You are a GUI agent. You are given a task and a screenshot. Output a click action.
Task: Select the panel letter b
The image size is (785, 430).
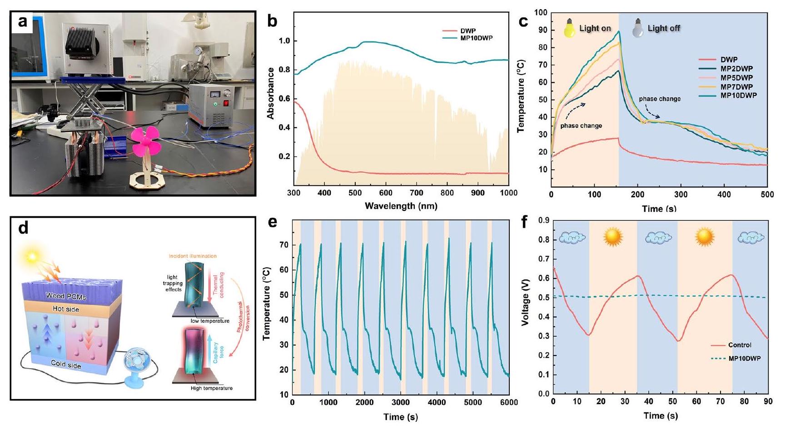272,21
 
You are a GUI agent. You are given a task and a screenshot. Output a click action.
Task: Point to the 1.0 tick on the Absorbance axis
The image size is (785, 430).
285,41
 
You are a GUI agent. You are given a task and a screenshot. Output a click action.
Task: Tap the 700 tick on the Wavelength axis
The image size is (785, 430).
417,193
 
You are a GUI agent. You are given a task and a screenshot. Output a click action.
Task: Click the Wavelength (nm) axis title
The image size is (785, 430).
401,206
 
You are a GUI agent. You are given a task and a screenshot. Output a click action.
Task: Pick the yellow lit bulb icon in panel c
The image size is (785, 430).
570,28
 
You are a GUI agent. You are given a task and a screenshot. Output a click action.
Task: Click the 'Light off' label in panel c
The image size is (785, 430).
664,28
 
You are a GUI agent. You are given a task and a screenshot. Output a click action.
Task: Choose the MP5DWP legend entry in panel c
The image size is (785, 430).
736,78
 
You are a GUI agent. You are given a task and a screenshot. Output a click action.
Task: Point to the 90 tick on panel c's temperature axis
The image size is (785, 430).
542,30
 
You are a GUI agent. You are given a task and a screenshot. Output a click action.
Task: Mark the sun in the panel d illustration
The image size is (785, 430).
32,257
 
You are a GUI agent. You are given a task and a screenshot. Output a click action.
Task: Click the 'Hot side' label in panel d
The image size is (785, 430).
65,309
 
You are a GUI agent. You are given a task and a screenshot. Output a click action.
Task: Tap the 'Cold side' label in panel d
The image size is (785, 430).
66,364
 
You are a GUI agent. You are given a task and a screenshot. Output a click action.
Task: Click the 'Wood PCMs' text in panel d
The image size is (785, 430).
66,296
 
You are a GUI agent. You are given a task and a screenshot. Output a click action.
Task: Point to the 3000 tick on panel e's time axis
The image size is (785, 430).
401,402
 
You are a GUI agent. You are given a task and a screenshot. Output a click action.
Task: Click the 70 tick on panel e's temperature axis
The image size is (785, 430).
283,245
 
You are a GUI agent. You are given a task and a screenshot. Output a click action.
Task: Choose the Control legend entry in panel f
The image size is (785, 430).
740,345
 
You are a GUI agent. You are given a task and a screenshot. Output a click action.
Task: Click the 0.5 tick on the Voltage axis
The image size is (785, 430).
543,298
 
